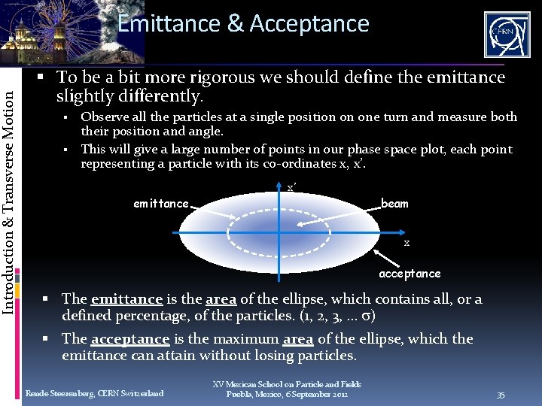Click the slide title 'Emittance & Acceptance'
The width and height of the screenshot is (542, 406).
coord(243,23)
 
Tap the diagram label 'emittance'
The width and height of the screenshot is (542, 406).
coord(160,204)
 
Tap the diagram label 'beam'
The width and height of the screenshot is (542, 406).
coord(394,203)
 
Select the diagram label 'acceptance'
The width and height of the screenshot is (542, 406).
coord(410,274)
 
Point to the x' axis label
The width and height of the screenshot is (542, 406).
coord(291,187)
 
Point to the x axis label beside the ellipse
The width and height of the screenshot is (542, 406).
coord(406,243)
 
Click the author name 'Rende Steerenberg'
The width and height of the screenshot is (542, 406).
coord(57,393)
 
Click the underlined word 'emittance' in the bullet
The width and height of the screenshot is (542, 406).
coord(126,299)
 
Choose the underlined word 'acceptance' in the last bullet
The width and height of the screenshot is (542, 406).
coord(129,339)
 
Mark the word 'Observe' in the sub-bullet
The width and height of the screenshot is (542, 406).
coord(102,117)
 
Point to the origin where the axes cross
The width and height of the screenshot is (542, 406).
coord(279,235)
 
